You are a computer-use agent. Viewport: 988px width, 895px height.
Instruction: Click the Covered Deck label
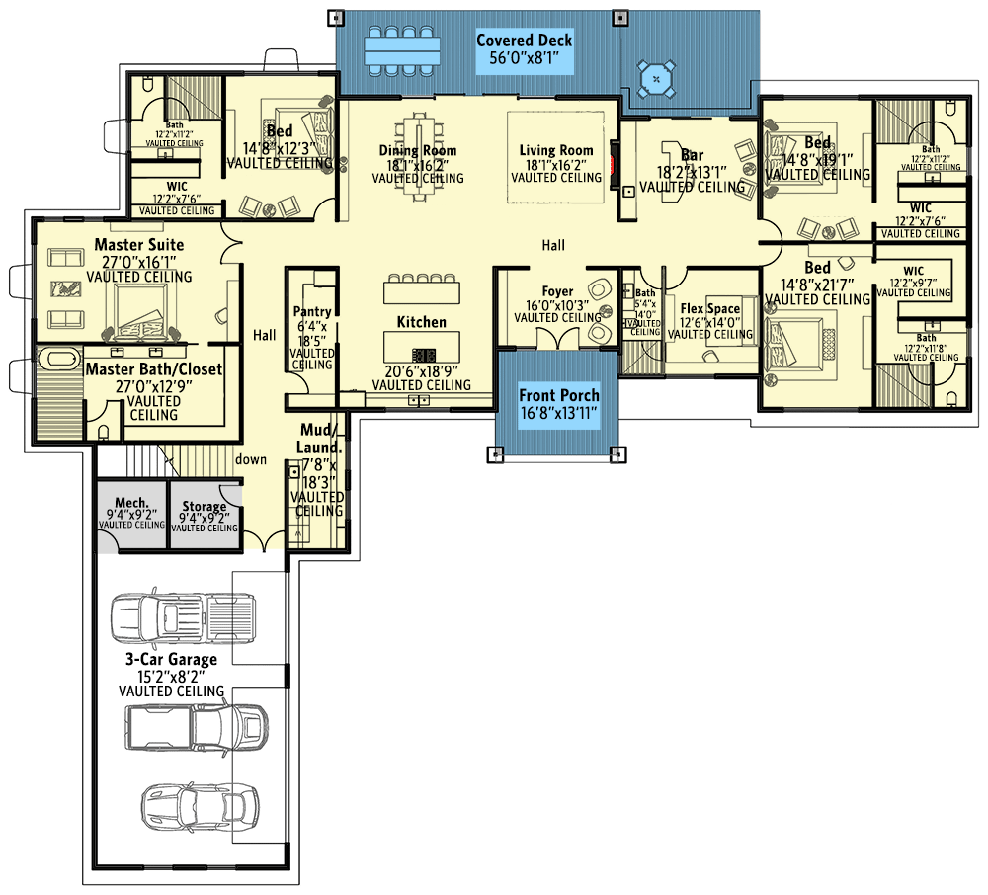pos(524,41)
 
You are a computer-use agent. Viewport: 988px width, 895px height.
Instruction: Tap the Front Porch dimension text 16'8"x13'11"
pos(559,414)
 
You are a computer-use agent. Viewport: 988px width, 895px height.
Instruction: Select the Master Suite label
pos(139,244)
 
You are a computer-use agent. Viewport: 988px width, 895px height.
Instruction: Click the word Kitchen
pos(421,322)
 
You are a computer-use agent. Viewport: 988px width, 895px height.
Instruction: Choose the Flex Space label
pos(709,309)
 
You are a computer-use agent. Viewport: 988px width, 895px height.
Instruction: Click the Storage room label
pos(204,506)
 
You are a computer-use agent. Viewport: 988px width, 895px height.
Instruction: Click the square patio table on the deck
pos(656,78)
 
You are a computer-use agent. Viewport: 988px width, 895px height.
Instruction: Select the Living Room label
pos(556,151)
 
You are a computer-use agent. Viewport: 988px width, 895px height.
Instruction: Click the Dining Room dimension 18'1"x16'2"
pos(418,165)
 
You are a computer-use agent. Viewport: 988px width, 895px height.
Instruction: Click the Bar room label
pos(692,155)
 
